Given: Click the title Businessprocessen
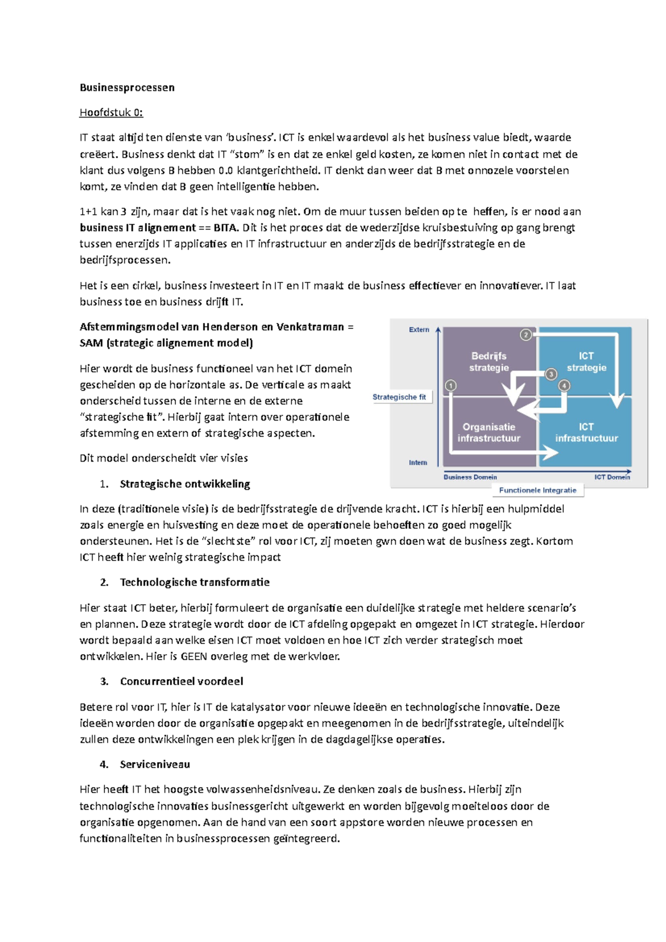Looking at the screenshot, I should pyautogui.click(x=127, y=87).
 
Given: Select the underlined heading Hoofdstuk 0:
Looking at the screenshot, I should pyautogui.click(x=111, y=113).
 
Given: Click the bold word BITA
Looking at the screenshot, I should pyautogui.click(x=225, y=227).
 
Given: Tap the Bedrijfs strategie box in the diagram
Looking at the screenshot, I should pyautogui.click(x=488, y=362).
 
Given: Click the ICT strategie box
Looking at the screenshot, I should pyautogui.click(x=586, y=362).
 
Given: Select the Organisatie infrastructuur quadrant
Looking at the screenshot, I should pyautogui.click(x=488, y=432).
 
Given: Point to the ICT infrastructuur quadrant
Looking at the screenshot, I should pyautogui.click(x=586, y=432).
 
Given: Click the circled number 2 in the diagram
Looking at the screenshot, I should pyautogui.click(x=526, y=335).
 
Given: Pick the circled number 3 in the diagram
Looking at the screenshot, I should pyautogui.click(x=551, y=374).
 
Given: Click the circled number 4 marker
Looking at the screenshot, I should pyautogui.click(x=564, y=385).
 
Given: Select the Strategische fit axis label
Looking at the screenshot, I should pyautogui.click(x=399, y=397).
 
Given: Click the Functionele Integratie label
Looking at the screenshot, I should pyautogui.click(x=537, y=490).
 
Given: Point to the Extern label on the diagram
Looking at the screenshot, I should pyautogui.click(x=419, y=330).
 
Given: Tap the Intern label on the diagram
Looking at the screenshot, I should pyautogui.click(x=418, y=462).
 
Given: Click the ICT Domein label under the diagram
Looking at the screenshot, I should pyautogui.click(x=612, y=477).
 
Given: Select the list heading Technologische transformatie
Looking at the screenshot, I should pyautogui.click(x=194, y=582).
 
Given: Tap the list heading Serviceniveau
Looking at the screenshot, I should pyautogui.click(x=155, y=764).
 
